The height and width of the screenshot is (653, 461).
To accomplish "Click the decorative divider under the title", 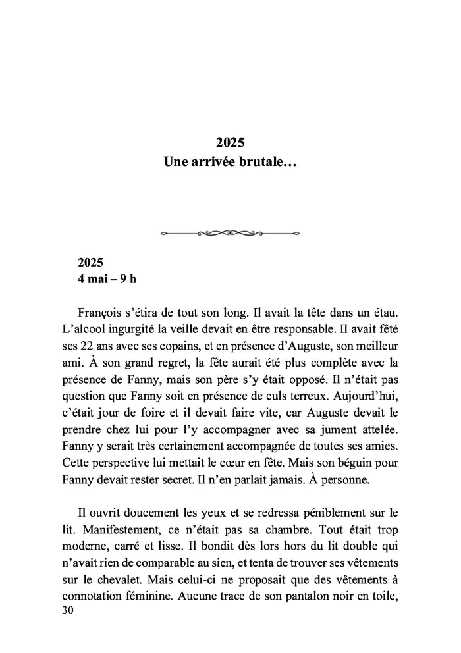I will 230,232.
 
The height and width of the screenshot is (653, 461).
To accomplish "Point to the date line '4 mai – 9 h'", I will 107,278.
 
